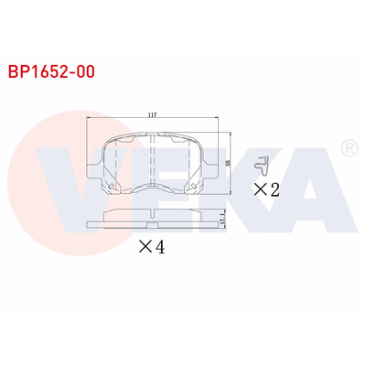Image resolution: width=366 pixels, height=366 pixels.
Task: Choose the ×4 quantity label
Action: point(151,246)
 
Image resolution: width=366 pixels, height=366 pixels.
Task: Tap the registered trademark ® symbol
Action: point(349,147)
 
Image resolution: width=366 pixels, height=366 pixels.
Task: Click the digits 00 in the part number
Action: point(83,69)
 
